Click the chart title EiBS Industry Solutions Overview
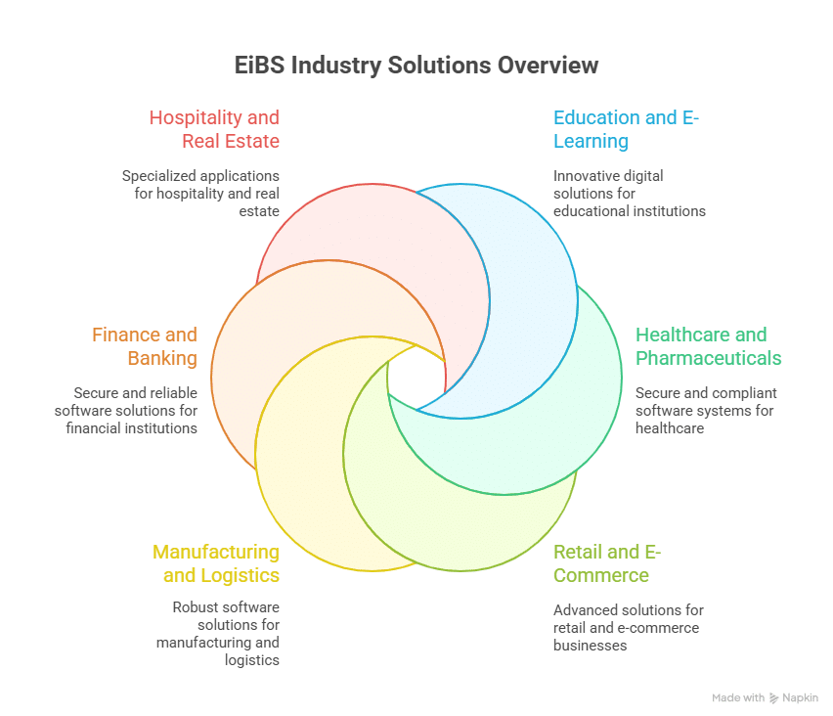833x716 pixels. point(416,67)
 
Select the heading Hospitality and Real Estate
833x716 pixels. point(214,129)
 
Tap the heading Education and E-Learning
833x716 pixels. point(627,129)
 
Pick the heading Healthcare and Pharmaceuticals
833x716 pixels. point(708,346)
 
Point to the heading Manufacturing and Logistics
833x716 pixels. point(216,562)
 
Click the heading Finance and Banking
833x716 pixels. point(145,346)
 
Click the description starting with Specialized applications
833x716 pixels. point(200,193)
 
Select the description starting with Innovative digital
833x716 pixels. point(629,193)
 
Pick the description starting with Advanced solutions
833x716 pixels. point(628,627)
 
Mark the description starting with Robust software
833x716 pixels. point(218,633)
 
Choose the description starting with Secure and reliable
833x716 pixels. point(126,410)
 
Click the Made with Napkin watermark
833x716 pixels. point(765,698)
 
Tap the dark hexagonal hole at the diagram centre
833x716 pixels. point(416,378)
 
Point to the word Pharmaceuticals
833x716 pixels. point(708,358)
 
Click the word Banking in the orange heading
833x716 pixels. point(162,358)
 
